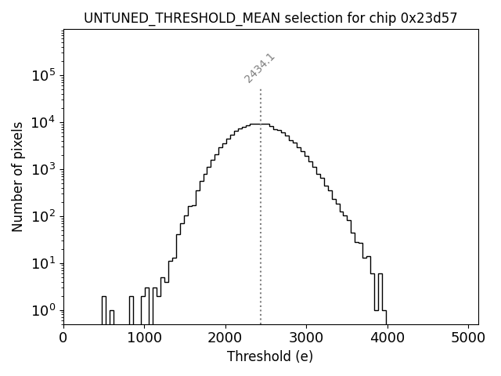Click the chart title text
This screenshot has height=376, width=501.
pos(270,17)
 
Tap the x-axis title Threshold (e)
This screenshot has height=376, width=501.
pos(270,356)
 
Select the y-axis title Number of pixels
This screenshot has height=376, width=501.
pos(17,176)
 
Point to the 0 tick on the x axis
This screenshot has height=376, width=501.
pos(63,338)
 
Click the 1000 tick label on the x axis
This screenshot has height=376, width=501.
pos(144,338)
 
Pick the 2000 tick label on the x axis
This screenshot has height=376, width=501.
pos(225,338)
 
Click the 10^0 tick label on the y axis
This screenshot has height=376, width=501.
pos(44,310)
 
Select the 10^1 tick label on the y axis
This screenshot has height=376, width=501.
pos(44,263)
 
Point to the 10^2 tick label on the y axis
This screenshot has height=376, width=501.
pos(44,216)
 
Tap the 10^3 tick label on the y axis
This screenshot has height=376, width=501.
pos(44,169)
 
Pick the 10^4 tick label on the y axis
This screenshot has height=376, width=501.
pos(44,122)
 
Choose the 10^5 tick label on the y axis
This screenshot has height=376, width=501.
pos(44,75)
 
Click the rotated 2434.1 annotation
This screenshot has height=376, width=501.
pos(259,68)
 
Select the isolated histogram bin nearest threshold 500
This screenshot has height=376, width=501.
pos(104,309)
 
